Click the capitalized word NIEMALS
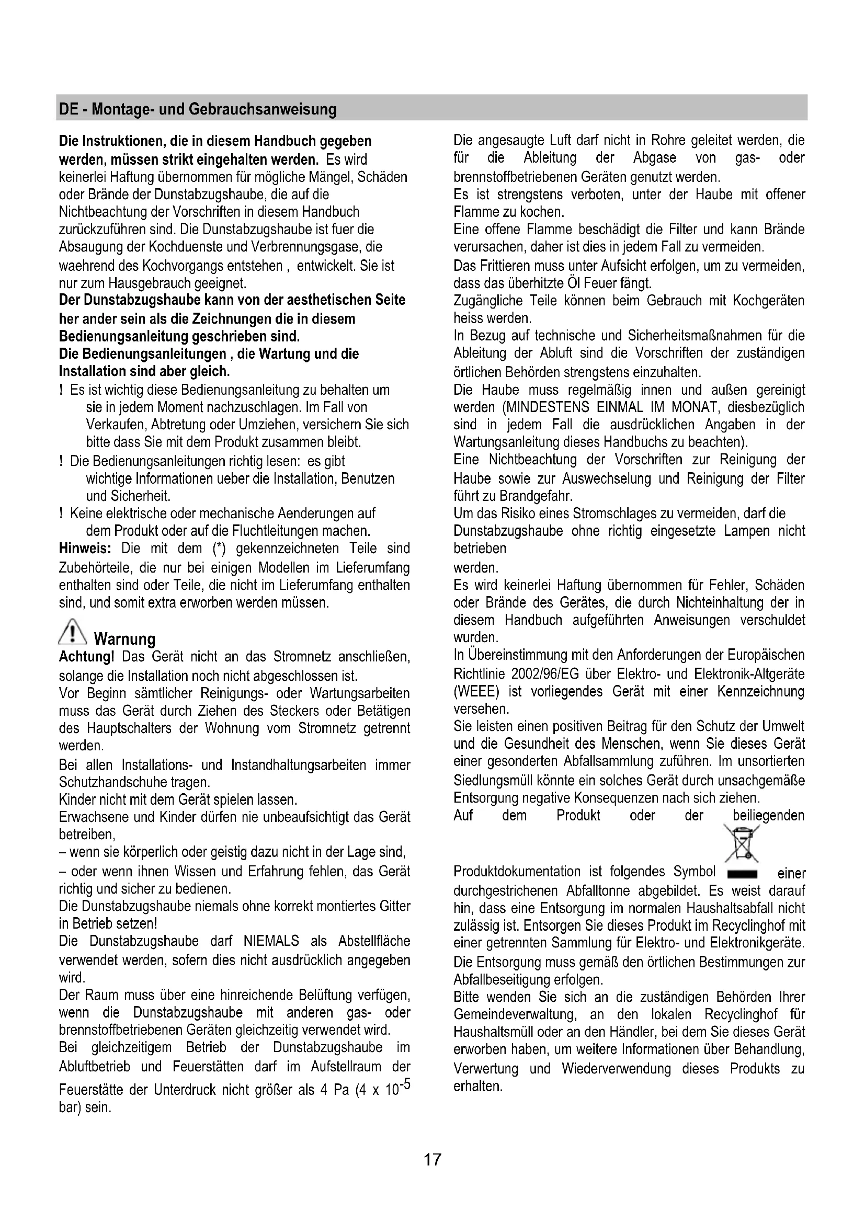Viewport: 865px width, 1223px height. pyautogui.click(x=271, y=941)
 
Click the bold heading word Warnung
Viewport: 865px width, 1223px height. pyautogui.click(x=124, y=638)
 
